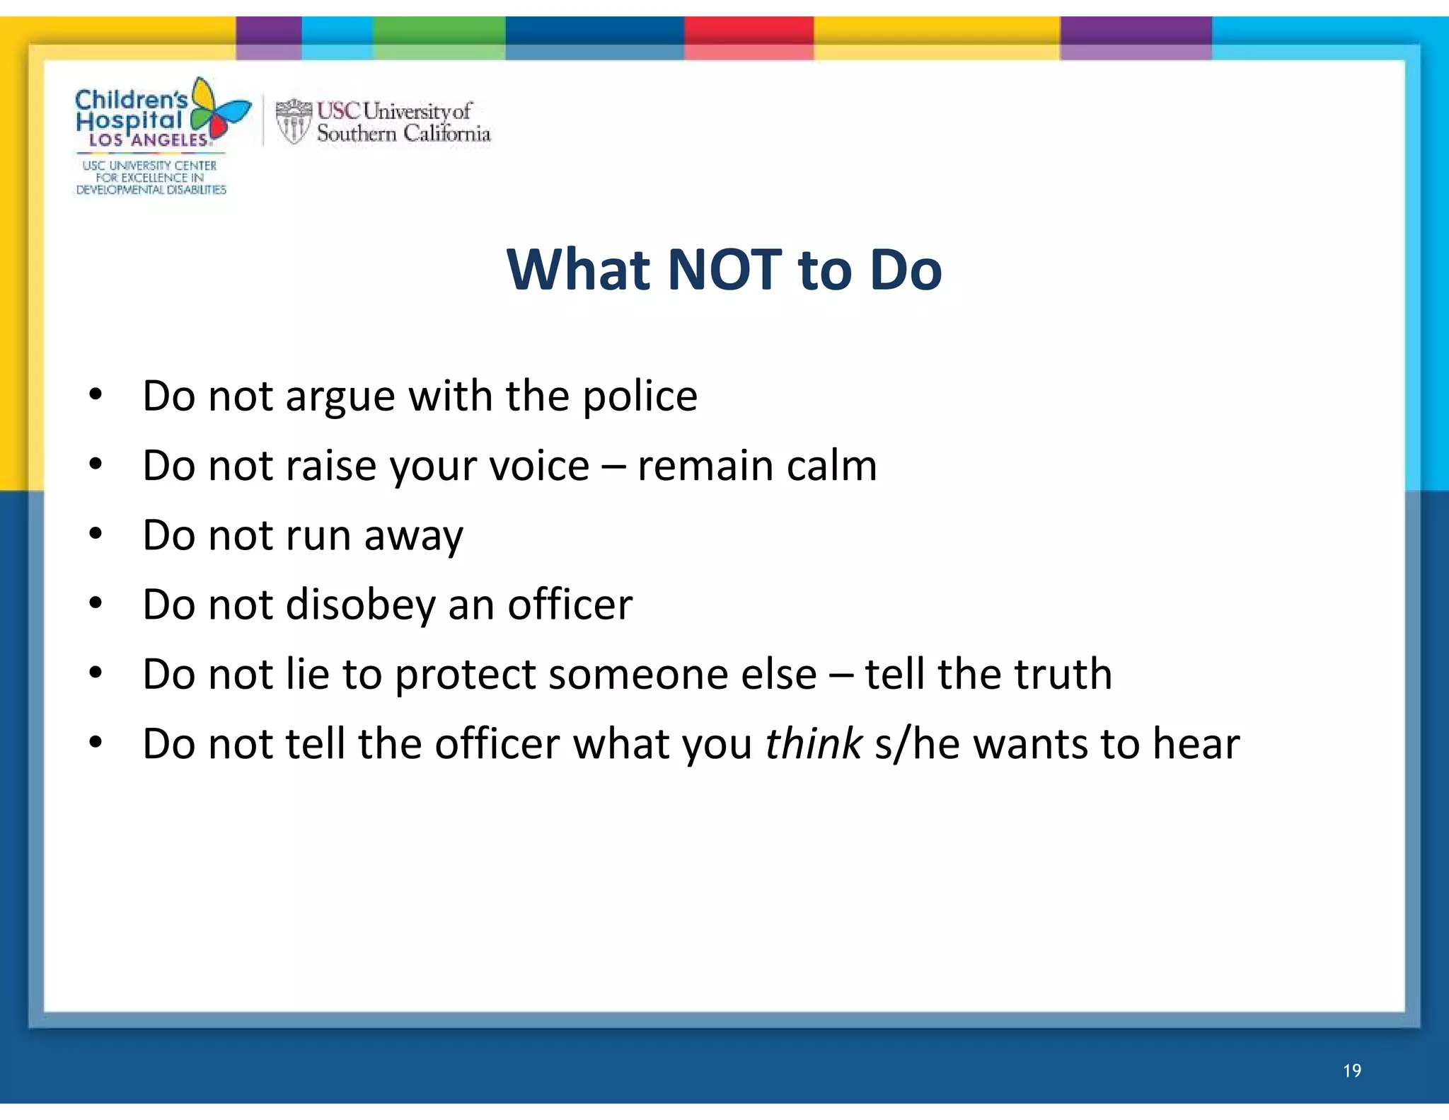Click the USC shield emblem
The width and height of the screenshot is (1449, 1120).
[293, 121]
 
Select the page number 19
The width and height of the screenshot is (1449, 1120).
[1351, 1070]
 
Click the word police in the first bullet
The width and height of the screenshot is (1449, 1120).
[640, 396]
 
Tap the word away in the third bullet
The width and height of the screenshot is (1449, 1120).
[413, 536]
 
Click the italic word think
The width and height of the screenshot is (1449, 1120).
[814, 743]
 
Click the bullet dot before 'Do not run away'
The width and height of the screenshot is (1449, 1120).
[96, 533]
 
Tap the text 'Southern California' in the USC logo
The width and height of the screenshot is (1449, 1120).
[403, 133]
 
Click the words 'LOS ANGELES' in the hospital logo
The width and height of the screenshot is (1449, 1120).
[149, 140]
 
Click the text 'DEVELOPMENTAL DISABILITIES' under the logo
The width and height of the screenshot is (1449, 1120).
[151, 190]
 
